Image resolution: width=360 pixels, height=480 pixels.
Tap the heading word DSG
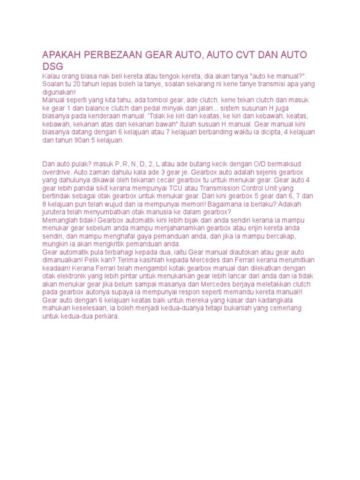(x=52, y=67)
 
